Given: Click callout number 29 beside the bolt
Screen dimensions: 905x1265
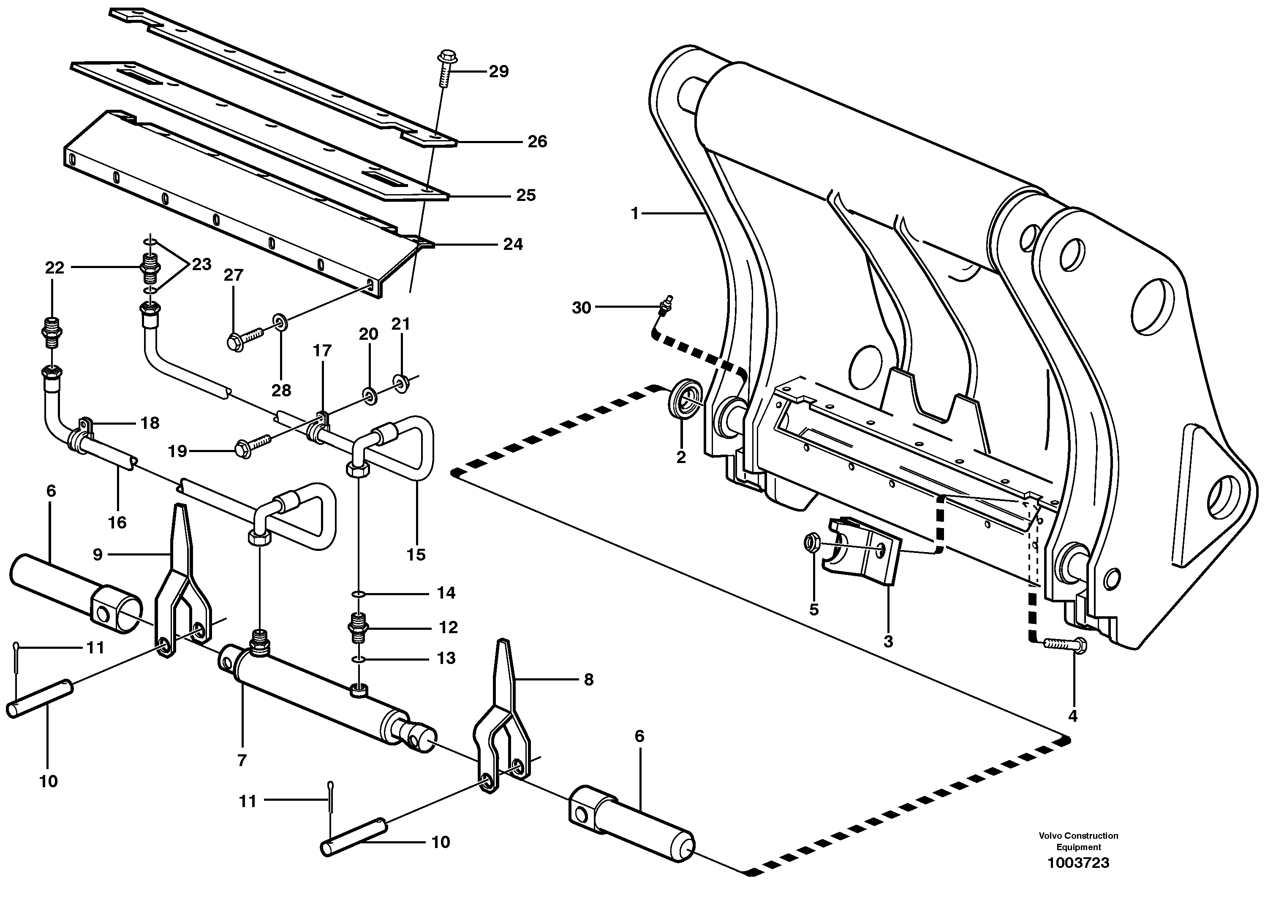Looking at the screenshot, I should tap(498, 71).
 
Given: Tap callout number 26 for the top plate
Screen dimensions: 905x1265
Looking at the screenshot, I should tap(537, 141).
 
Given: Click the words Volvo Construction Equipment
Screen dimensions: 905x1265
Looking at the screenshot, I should tap(1078, 841).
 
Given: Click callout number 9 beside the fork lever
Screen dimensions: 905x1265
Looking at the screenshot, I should tap(98, 555).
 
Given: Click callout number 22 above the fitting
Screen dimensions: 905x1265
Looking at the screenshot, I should tap(54, 268).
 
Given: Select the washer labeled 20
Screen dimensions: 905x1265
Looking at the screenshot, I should tap(368, 396).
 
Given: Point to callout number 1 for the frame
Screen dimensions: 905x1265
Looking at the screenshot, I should tap(634, 214).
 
